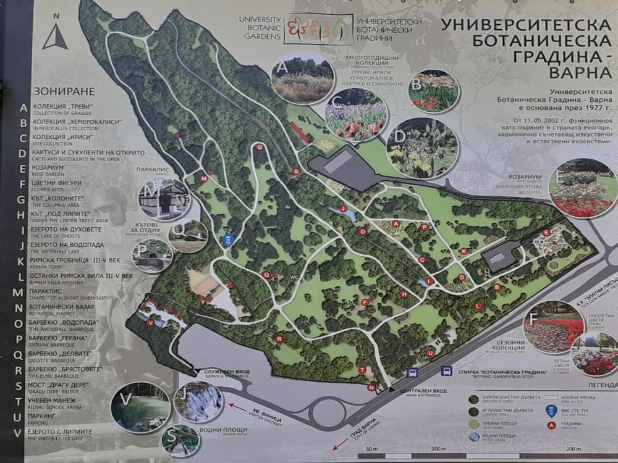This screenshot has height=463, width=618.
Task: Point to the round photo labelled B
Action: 433,91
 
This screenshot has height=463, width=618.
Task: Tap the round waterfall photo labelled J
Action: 198,401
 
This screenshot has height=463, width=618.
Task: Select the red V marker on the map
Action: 150,322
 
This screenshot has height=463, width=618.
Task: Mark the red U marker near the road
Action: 430,353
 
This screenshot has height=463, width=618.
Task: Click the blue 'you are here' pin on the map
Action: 228,240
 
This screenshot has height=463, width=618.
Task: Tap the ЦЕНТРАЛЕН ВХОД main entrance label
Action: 415,391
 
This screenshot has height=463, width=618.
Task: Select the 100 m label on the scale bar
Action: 439,448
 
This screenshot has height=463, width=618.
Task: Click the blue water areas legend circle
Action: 473,436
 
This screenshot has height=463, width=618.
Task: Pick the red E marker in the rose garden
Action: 546,232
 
